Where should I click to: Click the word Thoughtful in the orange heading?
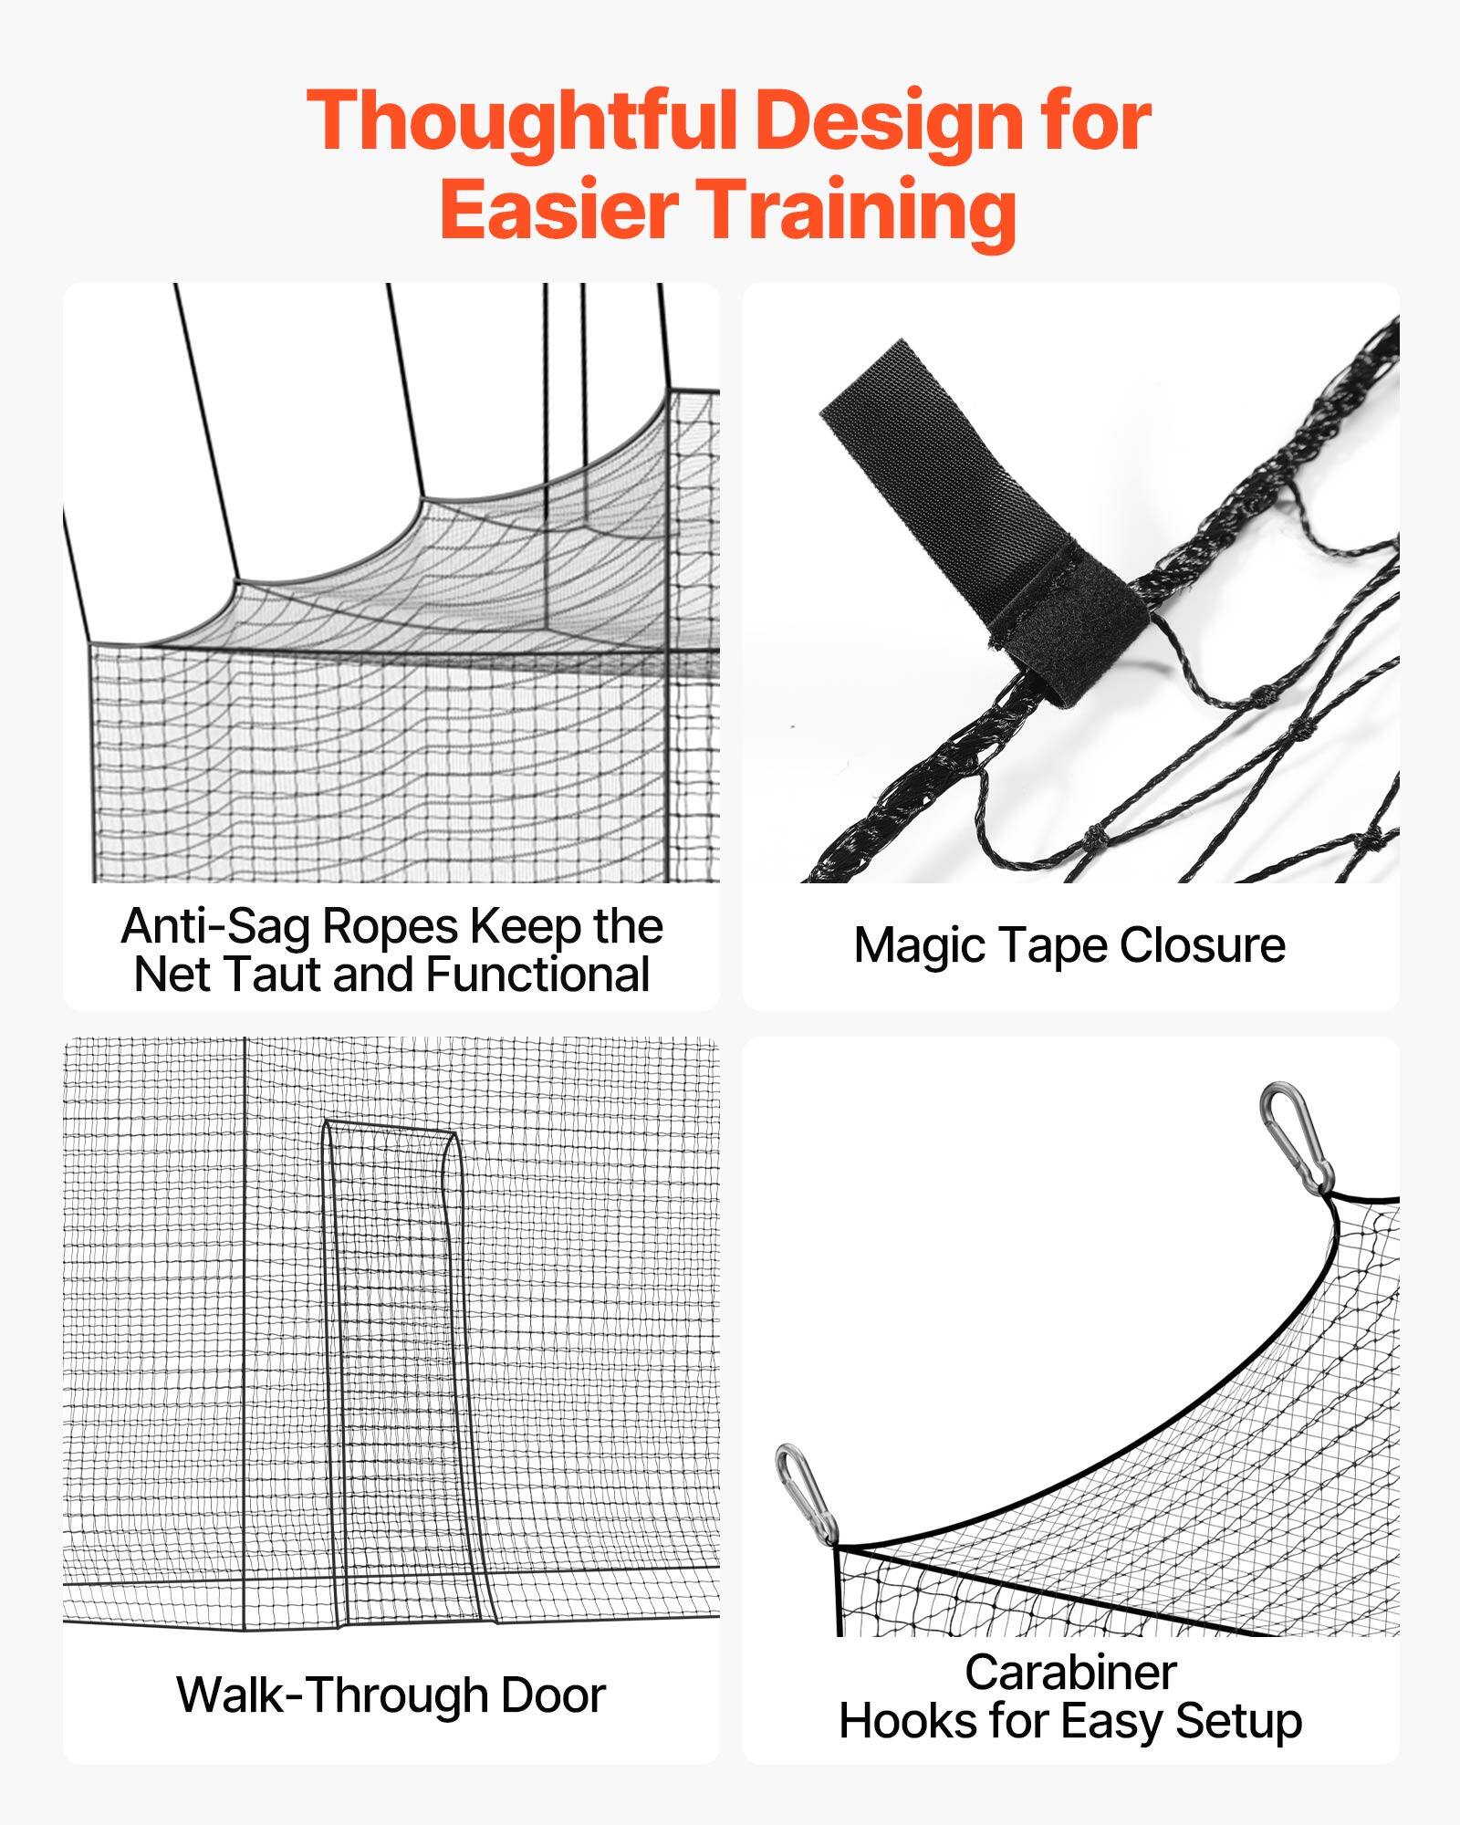coord(522,121)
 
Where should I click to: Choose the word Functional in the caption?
coord(537,974)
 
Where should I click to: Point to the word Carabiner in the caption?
coord(1070,1673)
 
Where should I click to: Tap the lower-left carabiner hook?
coord(807,1496)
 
